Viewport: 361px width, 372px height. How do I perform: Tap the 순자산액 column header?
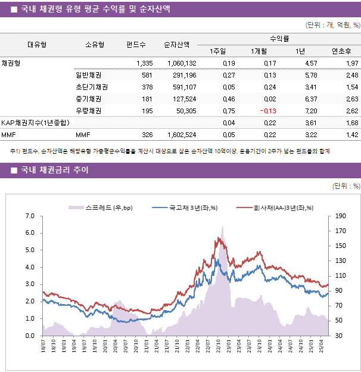pos(177,45)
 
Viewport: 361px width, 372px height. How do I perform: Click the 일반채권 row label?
pos(88,75)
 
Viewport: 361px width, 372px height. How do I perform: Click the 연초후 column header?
pos(341,51)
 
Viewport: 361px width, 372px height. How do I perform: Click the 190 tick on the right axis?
pos(340,216)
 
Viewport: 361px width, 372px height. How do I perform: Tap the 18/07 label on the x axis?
pos(43,348)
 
